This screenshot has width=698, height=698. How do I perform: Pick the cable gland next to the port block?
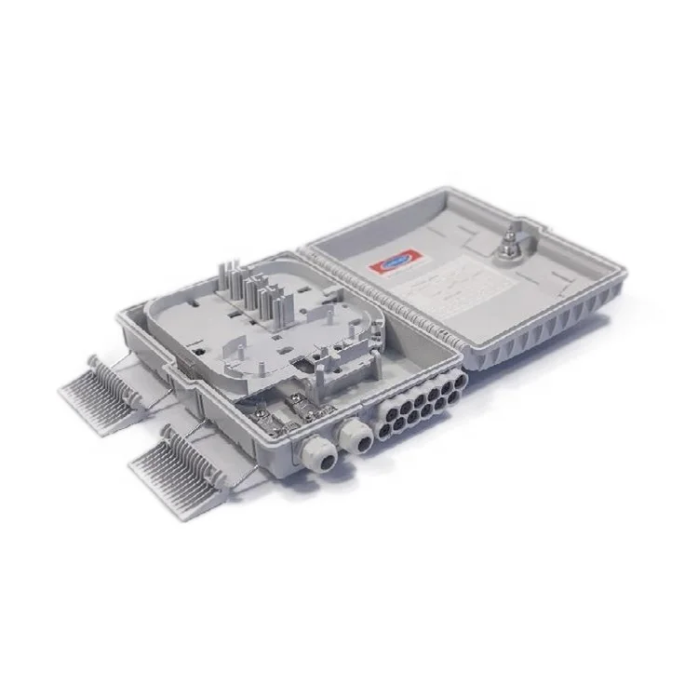(x=353, y=434)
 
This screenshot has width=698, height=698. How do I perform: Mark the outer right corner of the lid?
(x=622, y=274)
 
